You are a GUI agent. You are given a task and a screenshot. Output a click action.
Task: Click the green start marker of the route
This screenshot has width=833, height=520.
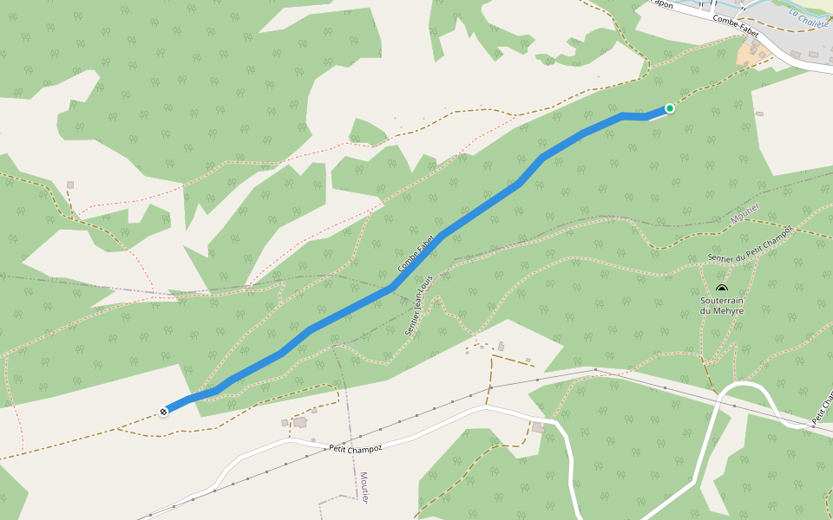pos(670,108)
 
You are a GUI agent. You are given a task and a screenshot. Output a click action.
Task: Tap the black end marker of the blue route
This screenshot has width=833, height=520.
pos(163,412)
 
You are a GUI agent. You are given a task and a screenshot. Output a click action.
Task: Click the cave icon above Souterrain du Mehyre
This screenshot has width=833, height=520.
pos(722,289)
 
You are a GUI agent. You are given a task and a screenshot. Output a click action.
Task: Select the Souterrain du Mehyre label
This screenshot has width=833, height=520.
pos(722,305)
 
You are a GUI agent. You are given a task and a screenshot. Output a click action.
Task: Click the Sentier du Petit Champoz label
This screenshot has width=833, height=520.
pos(750,244)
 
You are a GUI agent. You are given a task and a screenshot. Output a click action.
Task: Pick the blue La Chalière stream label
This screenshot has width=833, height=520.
pos(809,16)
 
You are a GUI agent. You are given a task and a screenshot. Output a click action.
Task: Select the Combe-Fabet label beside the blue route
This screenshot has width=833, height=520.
pos(416,256)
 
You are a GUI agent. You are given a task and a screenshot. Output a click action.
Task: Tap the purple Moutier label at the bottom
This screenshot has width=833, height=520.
pos(364,489)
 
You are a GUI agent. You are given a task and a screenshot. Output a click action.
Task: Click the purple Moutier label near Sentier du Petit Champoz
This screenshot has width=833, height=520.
pos(744,213)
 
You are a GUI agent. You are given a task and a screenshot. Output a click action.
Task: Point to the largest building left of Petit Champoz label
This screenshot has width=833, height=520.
pos(300,422)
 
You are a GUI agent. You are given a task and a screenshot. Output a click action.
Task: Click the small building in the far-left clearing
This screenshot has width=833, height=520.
pos(70,185)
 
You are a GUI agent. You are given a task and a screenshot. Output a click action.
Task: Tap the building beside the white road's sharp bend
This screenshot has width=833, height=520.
pos(540,427)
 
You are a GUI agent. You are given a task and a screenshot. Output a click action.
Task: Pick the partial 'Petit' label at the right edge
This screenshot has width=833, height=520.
pos(821,413)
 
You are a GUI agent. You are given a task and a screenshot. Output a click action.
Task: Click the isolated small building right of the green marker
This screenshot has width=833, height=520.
pos(759,114)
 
